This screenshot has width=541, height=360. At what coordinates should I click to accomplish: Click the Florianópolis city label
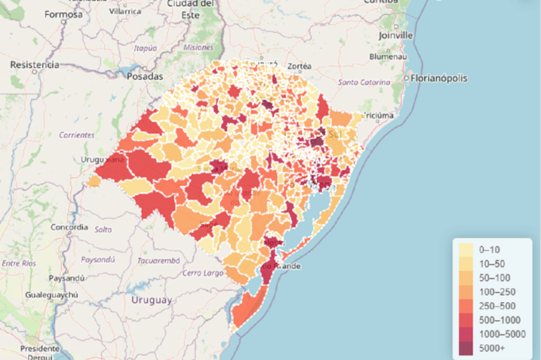(439, 78)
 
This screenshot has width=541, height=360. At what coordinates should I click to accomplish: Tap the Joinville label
(396, 35)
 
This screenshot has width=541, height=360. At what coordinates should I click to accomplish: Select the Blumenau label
(388, 56)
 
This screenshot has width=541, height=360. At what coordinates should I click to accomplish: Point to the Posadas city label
(145, 76)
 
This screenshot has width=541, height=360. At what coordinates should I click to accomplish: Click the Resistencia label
(35, 64)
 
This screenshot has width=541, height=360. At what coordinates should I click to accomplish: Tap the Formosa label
(63, 14)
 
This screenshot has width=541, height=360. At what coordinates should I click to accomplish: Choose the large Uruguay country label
(151, 300)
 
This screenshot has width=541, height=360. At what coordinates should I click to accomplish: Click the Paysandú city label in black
(67, 278)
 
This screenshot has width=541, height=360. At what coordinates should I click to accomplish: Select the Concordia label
(69, 228)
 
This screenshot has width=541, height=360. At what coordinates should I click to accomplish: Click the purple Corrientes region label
(77, 135)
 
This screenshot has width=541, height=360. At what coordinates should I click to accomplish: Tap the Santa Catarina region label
(364, 82)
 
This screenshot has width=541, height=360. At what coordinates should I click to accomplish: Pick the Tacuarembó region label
(158, 260)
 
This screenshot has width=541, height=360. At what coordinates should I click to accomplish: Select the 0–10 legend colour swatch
(466, 249)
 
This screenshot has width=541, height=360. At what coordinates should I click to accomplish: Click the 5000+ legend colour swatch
(466, 348)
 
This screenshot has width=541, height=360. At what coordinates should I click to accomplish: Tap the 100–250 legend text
(497, 292)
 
